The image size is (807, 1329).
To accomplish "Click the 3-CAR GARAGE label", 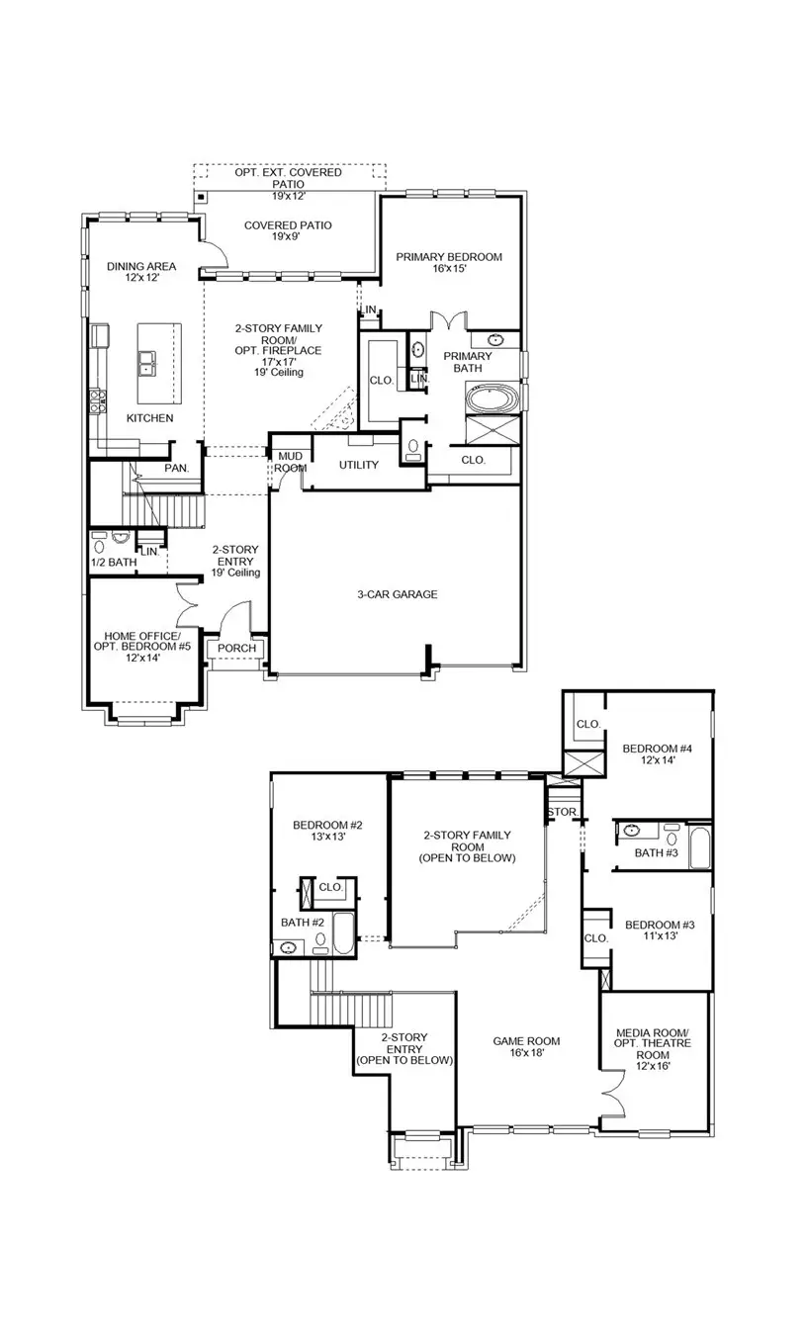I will click(397, 594).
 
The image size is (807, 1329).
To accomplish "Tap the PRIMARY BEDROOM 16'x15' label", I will click(449, 262).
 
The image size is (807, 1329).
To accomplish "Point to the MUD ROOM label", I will click(290, 461).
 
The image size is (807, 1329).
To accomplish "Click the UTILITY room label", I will click(358, 465).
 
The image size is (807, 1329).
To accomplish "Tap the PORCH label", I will click(236, 649).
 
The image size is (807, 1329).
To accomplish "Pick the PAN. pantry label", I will click(177, 468).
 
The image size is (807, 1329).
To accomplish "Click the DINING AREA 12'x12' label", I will click(141, 272).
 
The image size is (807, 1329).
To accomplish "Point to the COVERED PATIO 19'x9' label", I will click(288, 231).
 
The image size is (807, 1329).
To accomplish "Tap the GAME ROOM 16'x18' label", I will click(526, 1046).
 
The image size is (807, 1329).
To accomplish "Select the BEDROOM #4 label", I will click(656, 754).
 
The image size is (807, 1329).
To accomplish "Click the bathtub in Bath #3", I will click(699, 848).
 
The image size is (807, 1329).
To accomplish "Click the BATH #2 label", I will click(303, 923).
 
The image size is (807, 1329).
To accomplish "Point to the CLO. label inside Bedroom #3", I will click(595, 937).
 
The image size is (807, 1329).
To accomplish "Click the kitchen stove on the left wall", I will click(99, 399).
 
